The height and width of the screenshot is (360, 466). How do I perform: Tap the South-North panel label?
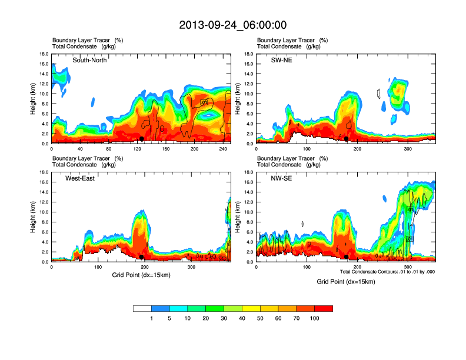pos(89,60)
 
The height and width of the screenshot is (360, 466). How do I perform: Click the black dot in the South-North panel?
pos(142,139)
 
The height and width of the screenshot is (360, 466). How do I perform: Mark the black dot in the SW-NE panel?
pos(347,139)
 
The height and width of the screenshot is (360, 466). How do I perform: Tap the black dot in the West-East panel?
pos(142,257)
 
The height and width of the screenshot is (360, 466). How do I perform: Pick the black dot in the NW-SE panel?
pos(347,257)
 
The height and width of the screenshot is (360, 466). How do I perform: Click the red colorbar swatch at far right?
pos(324,308)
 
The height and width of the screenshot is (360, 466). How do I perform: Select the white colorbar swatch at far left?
pos(142,308)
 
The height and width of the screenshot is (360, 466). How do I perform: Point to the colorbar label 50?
pos(260,318)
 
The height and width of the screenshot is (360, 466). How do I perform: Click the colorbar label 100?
pos(315,318)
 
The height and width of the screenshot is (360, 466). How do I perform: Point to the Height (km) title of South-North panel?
pos(34,99)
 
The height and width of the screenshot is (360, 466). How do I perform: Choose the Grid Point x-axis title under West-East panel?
pos(141,275)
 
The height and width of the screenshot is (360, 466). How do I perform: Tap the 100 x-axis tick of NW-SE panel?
pos(307,267)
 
